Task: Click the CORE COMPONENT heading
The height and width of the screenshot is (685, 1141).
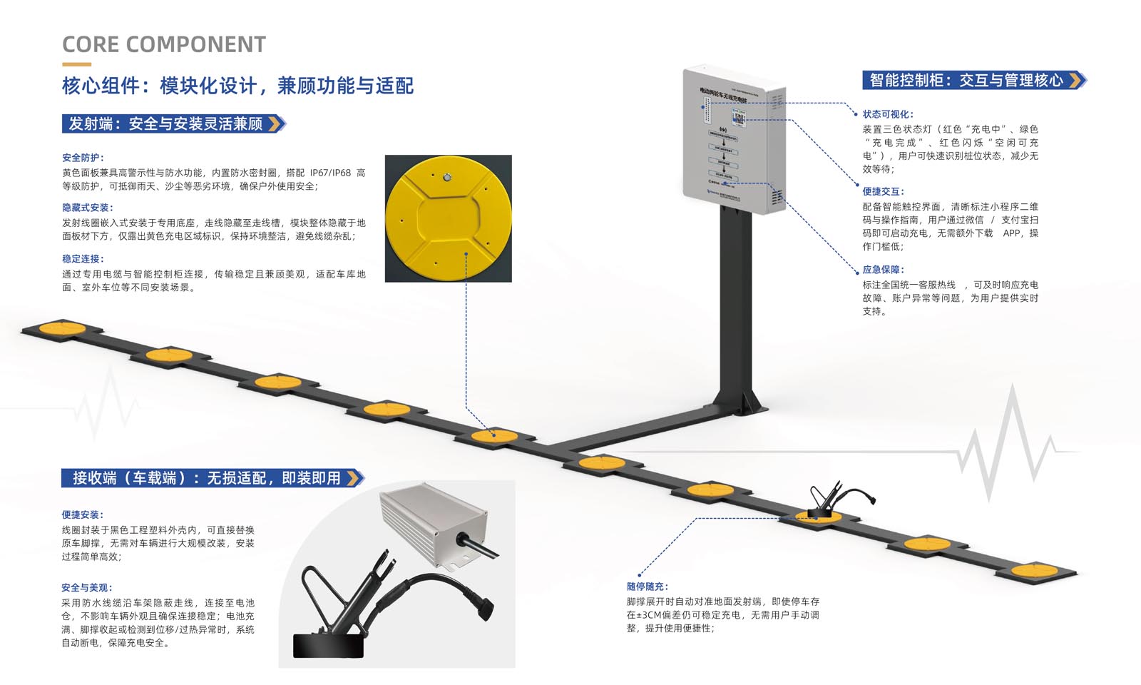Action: [x=163, y=44]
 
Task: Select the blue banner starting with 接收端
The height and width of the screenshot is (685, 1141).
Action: [x=207, y=477]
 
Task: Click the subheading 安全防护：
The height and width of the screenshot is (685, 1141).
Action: [x=83, y=158]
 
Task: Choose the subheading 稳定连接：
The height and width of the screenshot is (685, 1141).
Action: [x=83, y=259]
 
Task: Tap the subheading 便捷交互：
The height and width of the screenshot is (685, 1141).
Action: [x=883, y=191]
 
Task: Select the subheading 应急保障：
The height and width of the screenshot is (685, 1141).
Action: [x=883, y=270]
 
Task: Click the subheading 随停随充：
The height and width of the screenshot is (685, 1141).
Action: [x=648, y=587]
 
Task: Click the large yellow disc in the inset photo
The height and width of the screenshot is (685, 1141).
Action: [x=448, y=218]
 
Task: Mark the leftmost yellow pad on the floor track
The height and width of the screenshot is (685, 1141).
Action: [x=62, y=328]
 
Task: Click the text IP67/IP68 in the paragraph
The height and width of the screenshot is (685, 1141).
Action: [x=330, y=173]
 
